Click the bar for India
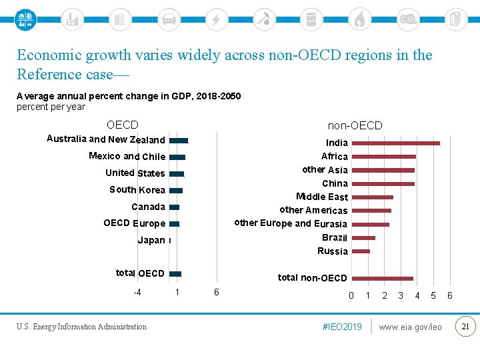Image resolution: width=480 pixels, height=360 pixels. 396,143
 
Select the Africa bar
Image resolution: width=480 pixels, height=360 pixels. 383,157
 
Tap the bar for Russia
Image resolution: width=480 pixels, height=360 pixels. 361,251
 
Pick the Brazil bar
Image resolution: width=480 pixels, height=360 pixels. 363,238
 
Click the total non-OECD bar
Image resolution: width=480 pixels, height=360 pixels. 382,279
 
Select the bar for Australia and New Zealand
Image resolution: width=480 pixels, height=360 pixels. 179,141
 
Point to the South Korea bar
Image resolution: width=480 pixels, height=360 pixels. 176,191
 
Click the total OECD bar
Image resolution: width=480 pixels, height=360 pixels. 175,273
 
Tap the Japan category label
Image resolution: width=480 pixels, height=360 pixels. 151,240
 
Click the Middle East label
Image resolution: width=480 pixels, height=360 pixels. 322,197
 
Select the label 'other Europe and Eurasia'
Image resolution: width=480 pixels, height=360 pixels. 291,223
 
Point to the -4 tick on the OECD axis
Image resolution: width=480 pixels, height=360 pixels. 137,292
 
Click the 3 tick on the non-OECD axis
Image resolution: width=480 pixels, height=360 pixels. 401,295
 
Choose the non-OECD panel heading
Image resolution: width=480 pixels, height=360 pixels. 355,125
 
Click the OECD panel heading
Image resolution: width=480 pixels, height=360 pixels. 123,125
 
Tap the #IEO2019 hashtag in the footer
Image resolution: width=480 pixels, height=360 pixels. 342,327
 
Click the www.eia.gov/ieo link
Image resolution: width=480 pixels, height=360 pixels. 410,327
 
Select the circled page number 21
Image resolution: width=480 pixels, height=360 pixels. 465,326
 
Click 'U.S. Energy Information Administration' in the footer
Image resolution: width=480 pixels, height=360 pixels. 82,327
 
